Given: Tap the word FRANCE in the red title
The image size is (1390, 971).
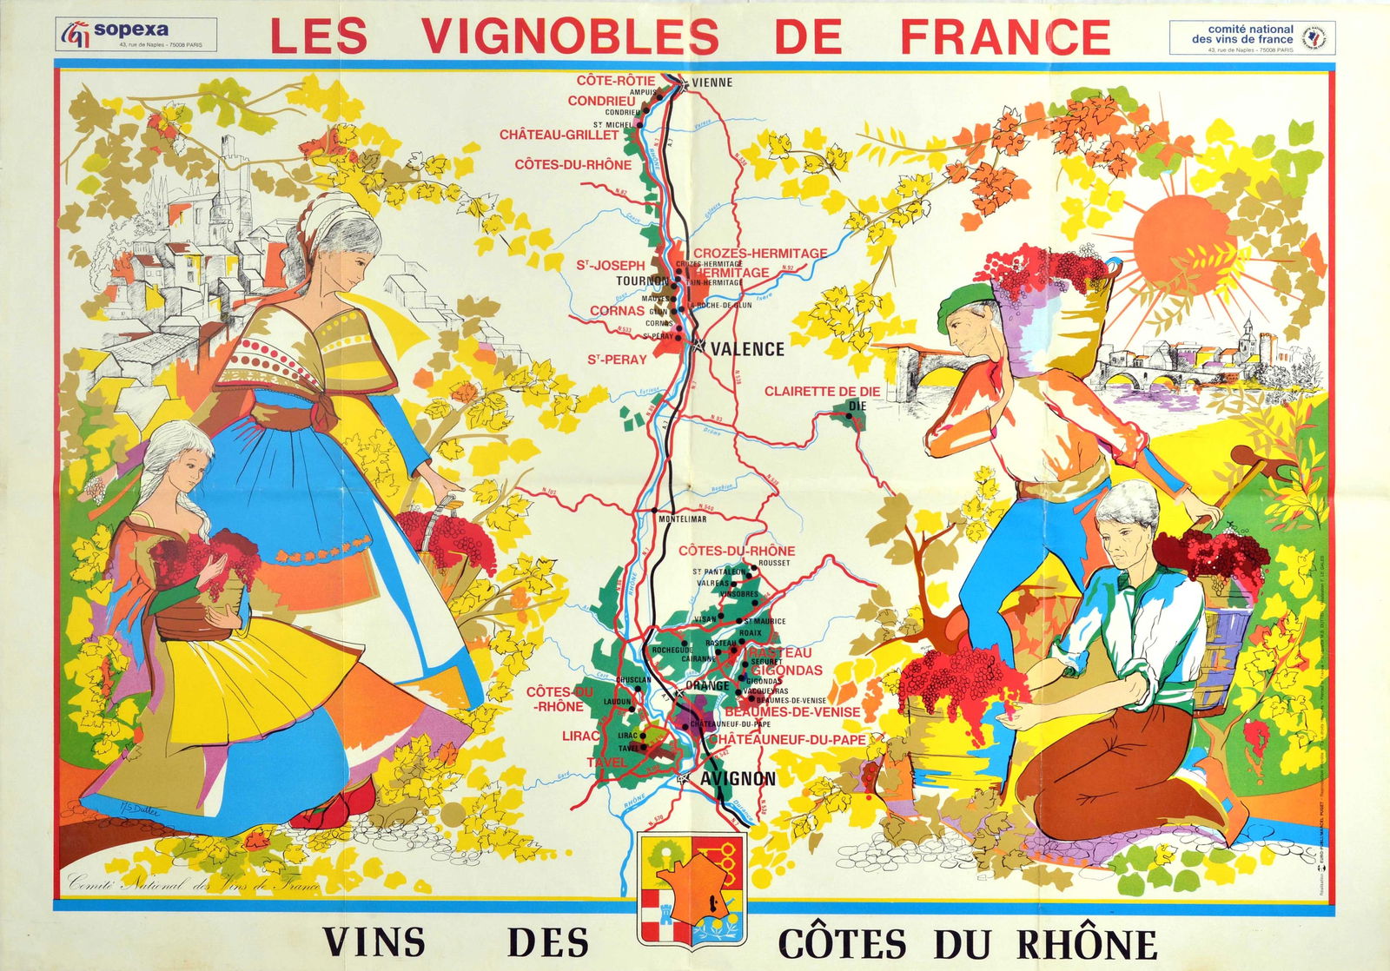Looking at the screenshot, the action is coord(1005,36).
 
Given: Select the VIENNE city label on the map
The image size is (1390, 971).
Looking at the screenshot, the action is coord(712,83).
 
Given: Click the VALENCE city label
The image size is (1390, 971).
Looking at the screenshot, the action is coord(747,349).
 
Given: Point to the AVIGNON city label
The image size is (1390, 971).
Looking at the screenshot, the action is coord(738,778).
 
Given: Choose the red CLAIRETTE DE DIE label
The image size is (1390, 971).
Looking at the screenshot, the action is coord(822,392).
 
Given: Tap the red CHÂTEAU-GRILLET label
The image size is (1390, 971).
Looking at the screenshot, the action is coord(559,135).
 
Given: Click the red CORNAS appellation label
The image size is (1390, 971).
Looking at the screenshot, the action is coord(617,311).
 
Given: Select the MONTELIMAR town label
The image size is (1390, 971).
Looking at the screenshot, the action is coord(682,519).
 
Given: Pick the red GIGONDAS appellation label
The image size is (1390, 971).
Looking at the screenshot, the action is coord(786,670).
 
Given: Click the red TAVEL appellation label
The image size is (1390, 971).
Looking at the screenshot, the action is coord(606,762).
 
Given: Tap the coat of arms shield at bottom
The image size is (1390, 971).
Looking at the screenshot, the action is coord(692,888).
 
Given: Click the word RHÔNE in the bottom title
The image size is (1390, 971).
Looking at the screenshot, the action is coord(1087,943).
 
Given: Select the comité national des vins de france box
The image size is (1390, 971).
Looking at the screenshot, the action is coord(1251,38).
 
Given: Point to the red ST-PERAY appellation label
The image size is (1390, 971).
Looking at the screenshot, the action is coord(617,360).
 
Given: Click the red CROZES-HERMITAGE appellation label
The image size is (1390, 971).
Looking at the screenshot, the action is coord(759,253).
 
